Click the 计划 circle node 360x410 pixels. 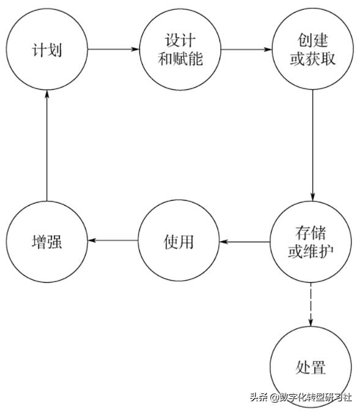(48, 49)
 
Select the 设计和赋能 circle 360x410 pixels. (180, 49)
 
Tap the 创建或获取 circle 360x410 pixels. (312, 49)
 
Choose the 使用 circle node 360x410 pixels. (180, 242)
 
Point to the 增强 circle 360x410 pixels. (48, 242)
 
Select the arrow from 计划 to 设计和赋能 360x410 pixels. (114, 48)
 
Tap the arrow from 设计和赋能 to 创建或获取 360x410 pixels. (246, 48)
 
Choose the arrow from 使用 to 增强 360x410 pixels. (114, 239)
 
